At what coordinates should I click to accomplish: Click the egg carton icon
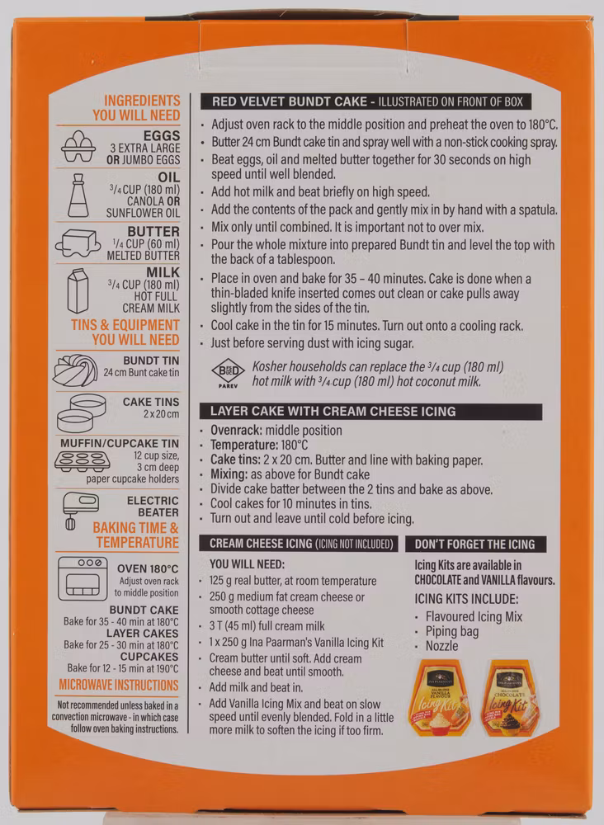click(x=78, y=146)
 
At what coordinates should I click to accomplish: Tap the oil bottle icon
click(x=78, y=196)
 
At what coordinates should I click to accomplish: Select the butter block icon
click(x=78, y=243)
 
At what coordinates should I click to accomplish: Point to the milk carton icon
click(x=78, y=291)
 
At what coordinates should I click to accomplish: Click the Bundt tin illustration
click(x=76, y=370)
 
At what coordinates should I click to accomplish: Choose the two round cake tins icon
click(x=81, y=413)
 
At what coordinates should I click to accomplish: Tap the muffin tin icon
click(x=82, y=461)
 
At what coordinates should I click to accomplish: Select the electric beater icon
click(x=80, y=509)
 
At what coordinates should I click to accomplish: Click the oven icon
click(x=83, y=578)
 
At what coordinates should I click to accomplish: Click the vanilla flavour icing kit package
click(x=440, y=697)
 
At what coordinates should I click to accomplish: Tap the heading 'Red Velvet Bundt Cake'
click(x=288, y=101)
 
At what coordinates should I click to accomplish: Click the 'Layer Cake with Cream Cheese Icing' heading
click(x=333, y=411)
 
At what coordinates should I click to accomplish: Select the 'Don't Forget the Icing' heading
click(x=474, y=544)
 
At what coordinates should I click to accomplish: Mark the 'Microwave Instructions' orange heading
click(x=118, y=685)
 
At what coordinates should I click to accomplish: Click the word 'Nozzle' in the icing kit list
click(x=442, y=646)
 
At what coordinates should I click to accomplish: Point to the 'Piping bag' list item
click(x=452, y=631)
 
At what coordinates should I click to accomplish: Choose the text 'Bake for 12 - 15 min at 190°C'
click(x=123, y=668)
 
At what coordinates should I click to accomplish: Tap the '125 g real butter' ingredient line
click(x=293, y=581)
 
